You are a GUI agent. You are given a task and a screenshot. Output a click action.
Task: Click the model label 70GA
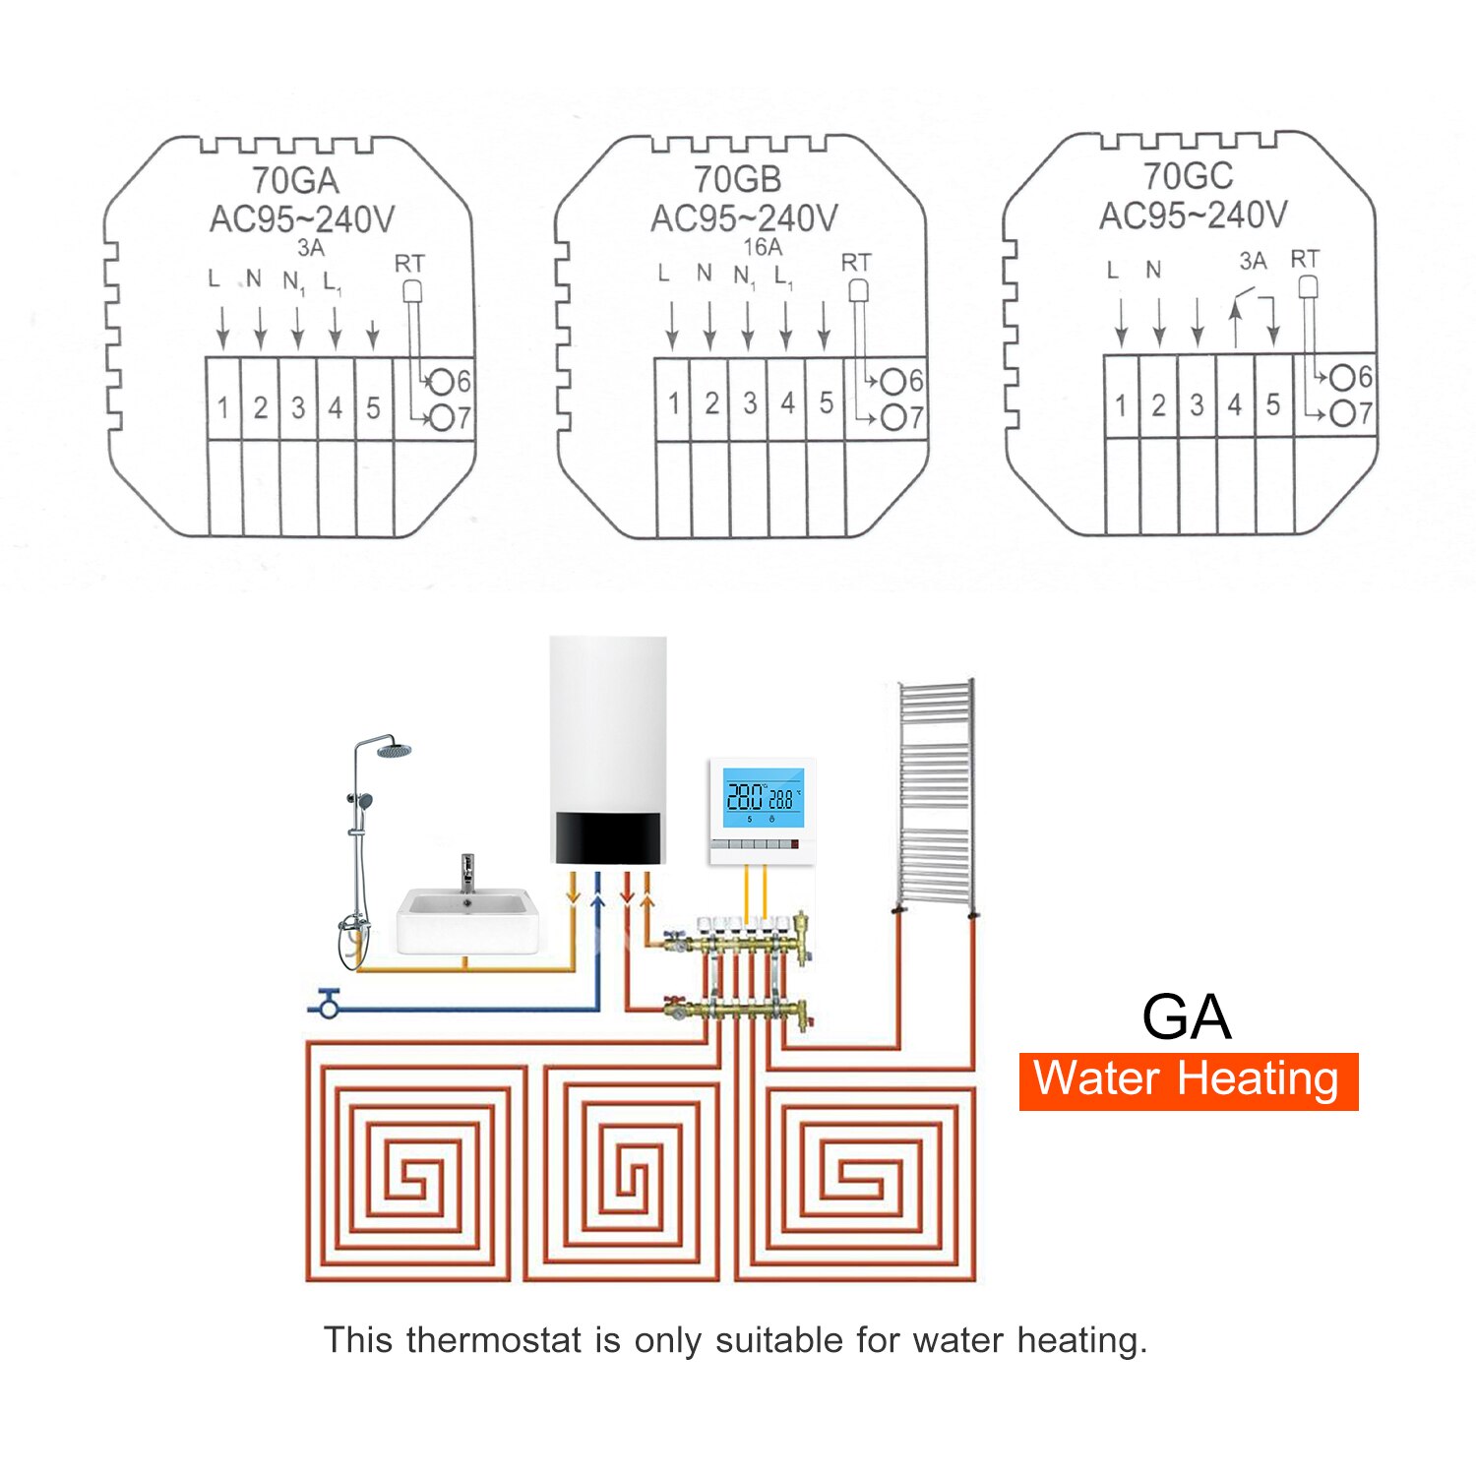click(295, 181)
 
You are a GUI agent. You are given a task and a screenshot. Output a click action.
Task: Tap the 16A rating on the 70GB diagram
click(763, 247)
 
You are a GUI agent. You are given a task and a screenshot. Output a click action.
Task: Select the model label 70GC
click(1188, 177)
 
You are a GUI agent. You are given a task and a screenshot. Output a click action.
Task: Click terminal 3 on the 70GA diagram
click(297, 407)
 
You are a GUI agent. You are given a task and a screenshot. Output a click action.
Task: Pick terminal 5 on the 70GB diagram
click(826, 403)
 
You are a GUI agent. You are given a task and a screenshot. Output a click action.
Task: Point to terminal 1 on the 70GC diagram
click(1121, 404)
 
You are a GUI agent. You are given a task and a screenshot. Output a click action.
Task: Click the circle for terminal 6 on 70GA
click(442, 381)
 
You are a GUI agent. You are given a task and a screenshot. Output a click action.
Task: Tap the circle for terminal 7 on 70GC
click(1342, 414)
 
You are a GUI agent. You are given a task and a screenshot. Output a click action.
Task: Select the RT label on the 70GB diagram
click(855, 263)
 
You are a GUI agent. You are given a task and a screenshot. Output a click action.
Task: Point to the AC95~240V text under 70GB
click(744, 218)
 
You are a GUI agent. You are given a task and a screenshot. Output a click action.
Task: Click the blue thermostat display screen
click(763, 798)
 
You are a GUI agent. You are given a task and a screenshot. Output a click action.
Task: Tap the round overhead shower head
click(394, 751)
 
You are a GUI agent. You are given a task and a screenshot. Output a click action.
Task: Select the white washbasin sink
click(467, 920)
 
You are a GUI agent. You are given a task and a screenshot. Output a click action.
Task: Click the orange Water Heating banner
click(1188, 1080)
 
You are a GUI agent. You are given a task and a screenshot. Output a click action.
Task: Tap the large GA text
click(1186, 1016)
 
